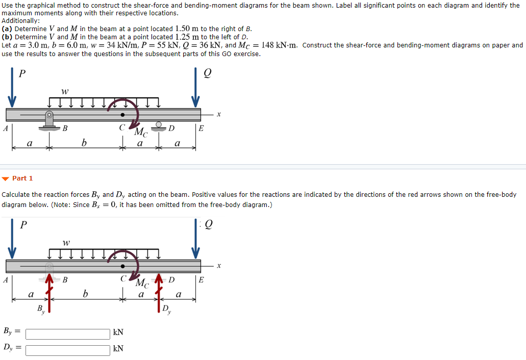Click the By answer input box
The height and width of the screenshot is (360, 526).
[68, 334]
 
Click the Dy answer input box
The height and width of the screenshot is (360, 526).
[68, 350]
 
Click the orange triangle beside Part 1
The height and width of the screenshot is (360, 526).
[6, 178]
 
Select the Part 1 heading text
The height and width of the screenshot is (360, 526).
[22, 178]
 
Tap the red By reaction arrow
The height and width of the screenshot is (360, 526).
[49, 293]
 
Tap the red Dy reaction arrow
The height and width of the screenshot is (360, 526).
[159, 293]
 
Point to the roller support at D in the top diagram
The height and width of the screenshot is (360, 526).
[159, 126]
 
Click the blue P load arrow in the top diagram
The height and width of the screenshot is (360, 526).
[12, 88]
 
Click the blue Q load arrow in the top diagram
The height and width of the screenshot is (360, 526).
[195, 88]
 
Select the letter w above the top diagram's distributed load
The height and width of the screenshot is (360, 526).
[65, 91]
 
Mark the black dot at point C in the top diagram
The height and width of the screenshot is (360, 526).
[123, 115]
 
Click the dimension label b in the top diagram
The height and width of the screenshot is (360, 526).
[84, 143]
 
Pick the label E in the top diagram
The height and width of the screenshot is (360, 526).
[201, 128]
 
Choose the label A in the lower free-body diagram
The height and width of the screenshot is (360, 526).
[5, 279]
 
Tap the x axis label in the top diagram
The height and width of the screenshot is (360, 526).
[219, 114]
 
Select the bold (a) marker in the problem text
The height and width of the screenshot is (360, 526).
[7, 29]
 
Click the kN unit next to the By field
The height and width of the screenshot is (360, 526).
[118, 332]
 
